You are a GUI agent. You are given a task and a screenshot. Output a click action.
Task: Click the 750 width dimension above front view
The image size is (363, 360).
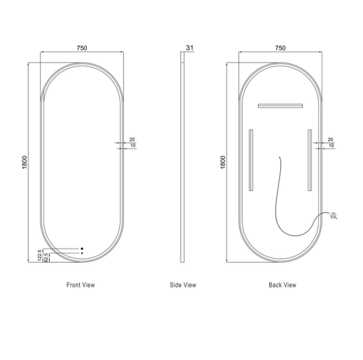82,47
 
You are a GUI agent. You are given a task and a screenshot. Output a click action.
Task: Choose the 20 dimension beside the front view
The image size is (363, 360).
131,138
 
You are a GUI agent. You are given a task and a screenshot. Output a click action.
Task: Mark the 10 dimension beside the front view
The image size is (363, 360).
131,146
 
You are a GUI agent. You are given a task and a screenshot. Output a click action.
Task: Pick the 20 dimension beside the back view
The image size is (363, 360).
330,138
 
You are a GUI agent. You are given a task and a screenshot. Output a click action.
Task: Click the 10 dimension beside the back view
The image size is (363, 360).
330,146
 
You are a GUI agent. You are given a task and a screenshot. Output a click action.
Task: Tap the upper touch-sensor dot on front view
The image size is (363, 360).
80,249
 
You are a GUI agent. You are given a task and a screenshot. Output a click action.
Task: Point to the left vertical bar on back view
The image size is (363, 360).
252,159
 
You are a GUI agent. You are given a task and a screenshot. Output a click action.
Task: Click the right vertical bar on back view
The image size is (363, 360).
309,159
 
